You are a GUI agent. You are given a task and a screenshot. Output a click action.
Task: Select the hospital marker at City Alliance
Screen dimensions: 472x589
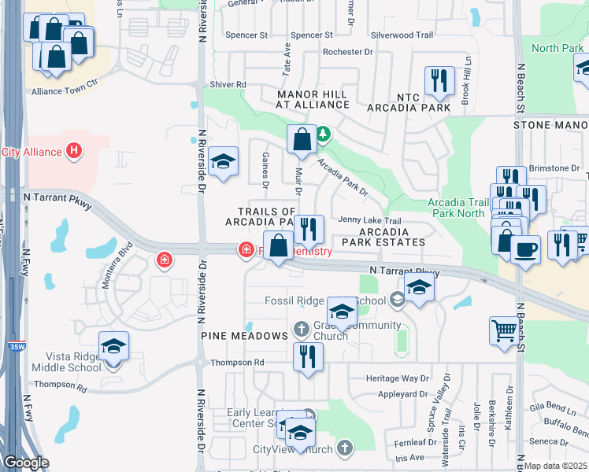[x=74, y=150]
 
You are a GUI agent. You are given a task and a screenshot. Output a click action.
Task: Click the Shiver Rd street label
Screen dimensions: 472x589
[x=228, y=85]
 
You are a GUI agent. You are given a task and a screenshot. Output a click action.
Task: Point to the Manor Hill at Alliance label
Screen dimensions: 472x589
[x=312, y=99]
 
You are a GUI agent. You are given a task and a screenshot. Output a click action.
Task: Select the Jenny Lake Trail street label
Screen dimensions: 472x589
[x=370, y=221]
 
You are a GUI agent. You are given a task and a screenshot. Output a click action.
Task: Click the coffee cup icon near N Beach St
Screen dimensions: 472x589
[x=525, y=250]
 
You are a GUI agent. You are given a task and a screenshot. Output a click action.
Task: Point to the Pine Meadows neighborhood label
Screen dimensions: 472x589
[x=244, y=336]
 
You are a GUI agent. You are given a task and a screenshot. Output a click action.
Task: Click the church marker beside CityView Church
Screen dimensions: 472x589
[x=344, y=448]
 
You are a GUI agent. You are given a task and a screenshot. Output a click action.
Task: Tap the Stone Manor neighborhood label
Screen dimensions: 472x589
[x=550, y=125]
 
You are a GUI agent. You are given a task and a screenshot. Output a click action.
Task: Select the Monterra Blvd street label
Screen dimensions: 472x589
[x=117, y=269]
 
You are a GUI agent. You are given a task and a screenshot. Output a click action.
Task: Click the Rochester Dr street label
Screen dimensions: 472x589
[x=347, y=52]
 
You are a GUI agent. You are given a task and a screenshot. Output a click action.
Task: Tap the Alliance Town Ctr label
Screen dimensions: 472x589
[x=64, y=91]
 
